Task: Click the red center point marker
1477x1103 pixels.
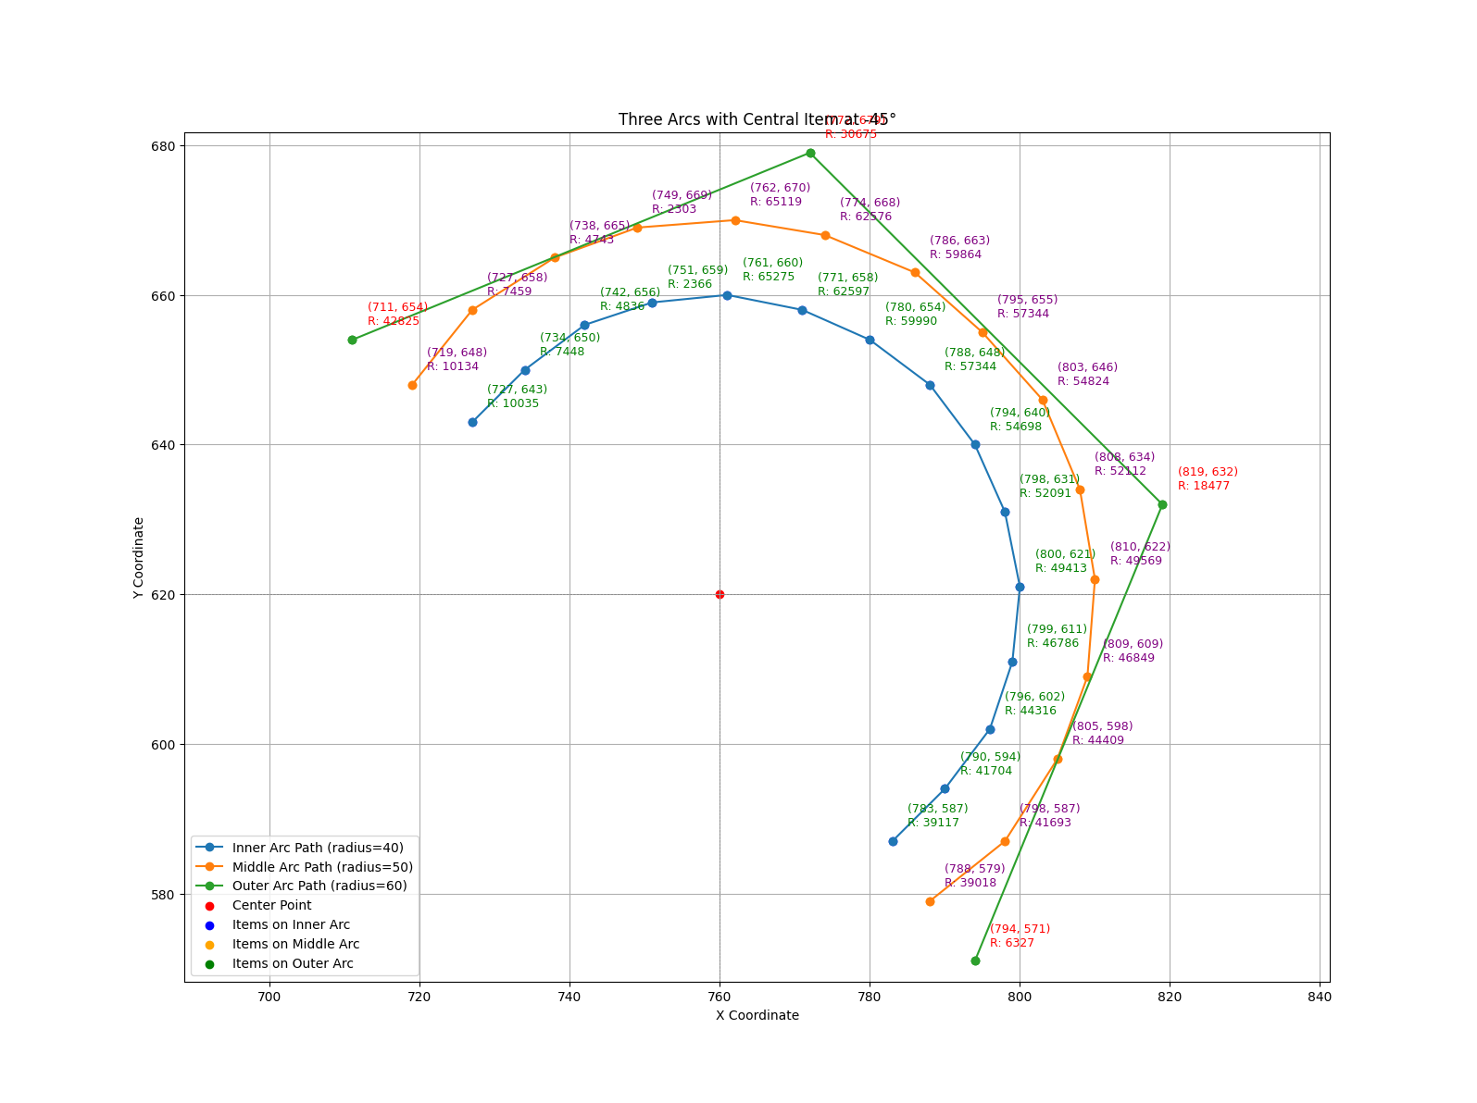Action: (720, 594)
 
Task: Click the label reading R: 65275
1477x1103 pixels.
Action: (768, 277)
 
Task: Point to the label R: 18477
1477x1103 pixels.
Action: (1203, 486)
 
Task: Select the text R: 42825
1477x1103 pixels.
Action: (393, 321)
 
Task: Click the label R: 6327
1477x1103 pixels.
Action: (1011, 943)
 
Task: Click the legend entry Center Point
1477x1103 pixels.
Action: (271, 906)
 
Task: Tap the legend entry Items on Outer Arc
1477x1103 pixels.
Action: (293, 964)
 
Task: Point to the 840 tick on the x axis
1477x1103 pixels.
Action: (1319, 998)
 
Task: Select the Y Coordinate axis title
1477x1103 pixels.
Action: (138, 558)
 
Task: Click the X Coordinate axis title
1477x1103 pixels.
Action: (757, 1015)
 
